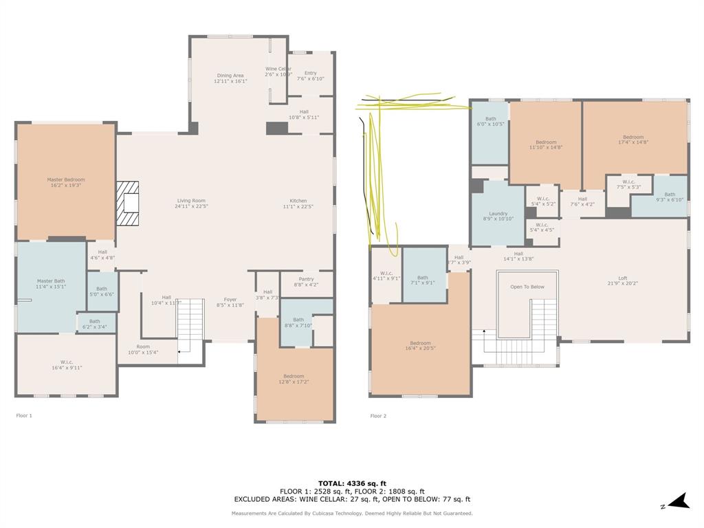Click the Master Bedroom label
pyautogui.click(x=66, y=180)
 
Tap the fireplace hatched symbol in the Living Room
pyautogui.click(x=127, y=203)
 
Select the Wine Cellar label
pyautogui.click(x=278, y=69)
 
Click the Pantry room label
pyautogui.click(x=306, y=279)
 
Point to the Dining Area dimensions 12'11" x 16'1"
pyautogui.click(x=230, y=81)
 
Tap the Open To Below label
pyautogui.click(x=527, y=287)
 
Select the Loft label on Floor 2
pyautogui.click(x=622, y=278)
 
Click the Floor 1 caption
pyautogui.click(x=24, y=416)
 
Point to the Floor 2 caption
pyautogui.click(x=378, y=416)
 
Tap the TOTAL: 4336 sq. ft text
pyautogui.click(x=351, y=483)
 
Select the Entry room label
pyautogui.click(x=311, y=73)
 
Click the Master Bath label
pyautogui.click(x=50, y=280)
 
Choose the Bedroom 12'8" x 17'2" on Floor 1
pyautogui.click(x=294, y=376)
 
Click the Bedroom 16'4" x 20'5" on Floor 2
pyautogui.click(x=420, y=343)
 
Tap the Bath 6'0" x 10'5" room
pyautogui.click(x=490, y=122)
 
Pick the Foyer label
pyautogui.click(x=230, y=299)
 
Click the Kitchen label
pyautogui.click(x=298, y=201)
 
